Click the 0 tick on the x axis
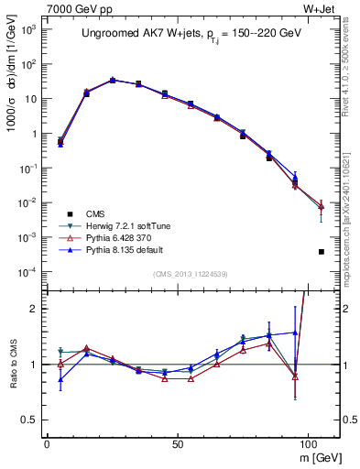pyautogui.click(x=47, y=441)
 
